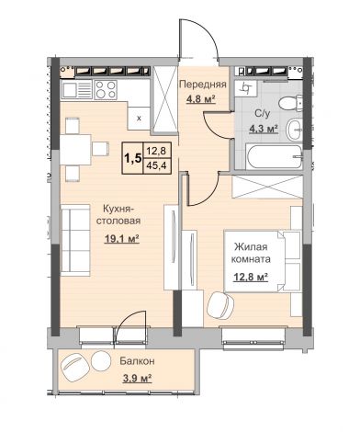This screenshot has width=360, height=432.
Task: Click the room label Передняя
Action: pos(203,85)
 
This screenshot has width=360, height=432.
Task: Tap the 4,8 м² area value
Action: pos(201,99)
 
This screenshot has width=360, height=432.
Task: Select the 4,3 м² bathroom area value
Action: pos(264,129)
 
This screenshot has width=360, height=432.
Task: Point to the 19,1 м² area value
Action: pos(122,238)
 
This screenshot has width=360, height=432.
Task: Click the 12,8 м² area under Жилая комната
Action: pos(251,277)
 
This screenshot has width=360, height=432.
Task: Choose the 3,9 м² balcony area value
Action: pos(138,379)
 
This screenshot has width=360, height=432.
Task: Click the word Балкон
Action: pos(137,361)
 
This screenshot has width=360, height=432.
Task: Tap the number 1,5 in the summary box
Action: pos(132,158)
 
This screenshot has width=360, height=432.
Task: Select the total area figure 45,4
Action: pos(156,165)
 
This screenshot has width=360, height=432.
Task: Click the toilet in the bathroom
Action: pos(291,103)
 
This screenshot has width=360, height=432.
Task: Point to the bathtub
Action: pos(274,156)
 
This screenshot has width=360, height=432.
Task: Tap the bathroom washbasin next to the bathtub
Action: pos(294,130)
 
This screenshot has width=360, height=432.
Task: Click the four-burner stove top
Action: pos(106,89)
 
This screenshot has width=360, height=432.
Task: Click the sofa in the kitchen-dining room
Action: pos(75,240)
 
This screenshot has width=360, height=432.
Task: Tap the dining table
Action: pos(75,150)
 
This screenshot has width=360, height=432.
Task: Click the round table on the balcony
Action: pos(101,361)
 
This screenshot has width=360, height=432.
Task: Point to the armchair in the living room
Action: pos(220,304)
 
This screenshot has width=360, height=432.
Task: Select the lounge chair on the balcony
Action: pos(75,368)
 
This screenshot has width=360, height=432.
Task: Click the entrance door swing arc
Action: pos(206,31)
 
